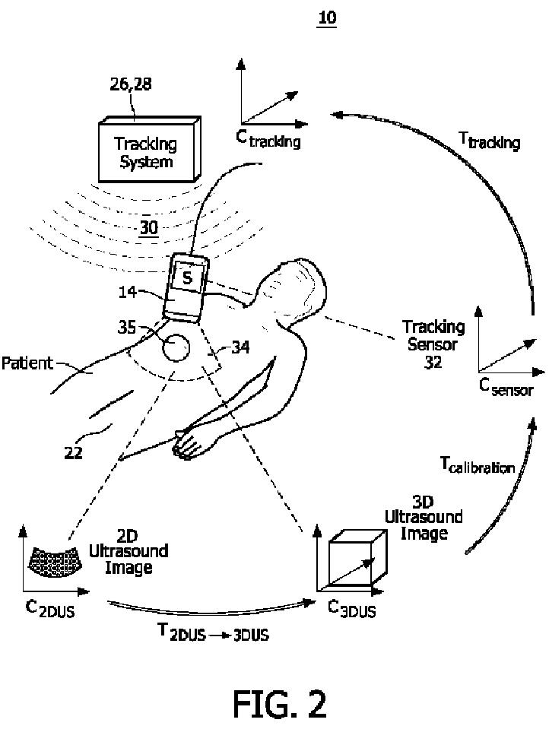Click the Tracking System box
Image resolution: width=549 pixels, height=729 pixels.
(146, 152)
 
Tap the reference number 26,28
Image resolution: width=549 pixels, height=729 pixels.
(131, 84)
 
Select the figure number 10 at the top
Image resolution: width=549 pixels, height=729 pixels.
(327, 17)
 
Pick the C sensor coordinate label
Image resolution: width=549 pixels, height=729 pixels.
(506, 388)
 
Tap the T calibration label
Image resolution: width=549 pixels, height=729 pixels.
(478, 464)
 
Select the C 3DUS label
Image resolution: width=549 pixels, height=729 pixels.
(351, 608)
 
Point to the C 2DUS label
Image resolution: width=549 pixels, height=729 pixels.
(48, 609)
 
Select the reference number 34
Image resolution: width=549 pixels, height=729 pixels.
(240, 349)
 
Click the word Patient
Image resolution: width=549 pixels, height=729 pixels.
(27, 363)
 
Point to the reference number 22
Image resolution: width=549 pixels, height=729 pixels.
(75, 453)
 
